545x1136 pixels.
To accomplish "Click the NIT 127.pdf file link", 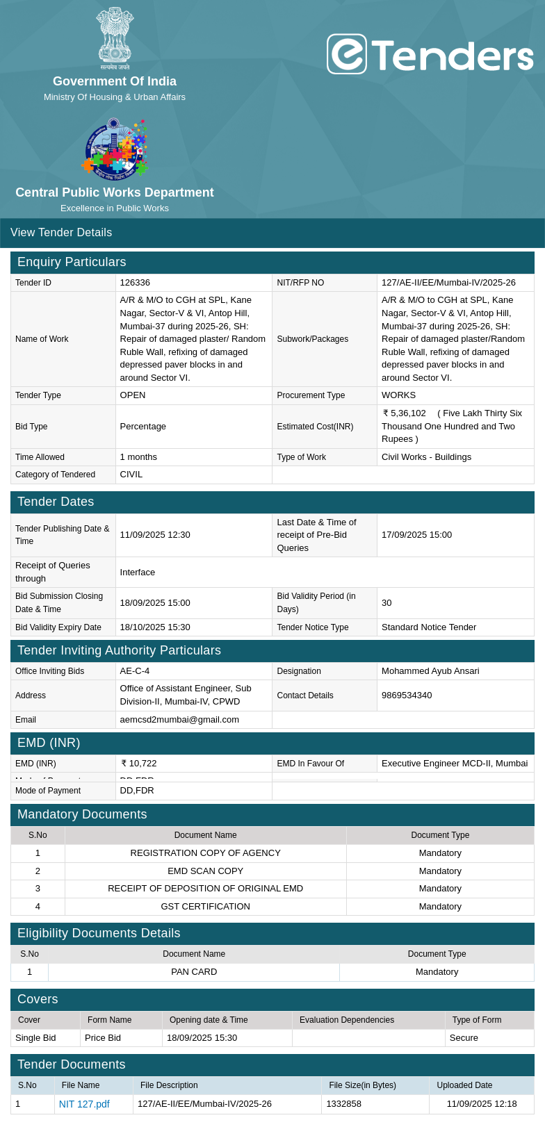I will tap(84, 1104).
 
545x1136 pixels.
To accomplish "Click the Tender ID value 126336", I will tap(135, 283).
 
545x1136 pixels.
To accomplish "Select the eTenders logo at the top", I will tap(430, 55).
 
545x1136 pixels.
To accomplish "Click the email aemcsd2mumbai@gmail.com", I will tap(179, 720).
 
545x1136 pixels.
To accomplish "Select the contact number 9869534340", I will tap(407, 695).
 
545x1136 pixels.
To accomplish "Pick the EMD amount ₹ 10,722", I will tap(139, 764).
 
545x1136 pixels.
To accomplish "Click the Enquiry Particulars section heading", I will tap(72, 262).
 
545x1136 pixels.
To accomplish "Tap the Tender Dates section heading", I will tap(56, 502).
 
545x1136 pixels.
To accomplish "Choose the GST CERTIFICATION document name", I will tap(205, 907).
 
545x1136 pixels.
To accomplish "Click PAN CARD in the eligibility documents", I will tap(194, 972).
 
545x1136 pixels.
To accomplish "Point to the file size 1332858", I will tap(343, 1104).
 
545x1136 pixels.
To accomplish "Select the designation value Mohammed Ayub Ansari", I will tap(430, 671).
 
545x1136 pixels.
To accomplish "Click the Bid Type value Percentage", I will tap(143, 427).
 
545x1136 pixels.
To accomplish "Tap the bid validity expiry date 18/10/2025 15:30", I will tap(155, 627).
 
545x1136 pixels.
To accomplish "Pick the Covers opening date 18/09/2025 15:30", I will tap(202, 1038).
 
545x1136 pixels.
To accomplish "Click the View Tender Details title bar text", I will tap(61, 233).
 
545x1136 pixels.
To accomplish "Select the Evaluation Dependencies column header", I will tap(347, 1020).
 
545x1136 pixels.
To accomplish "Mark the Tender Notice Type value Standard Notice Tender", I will tap(429, 627).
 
